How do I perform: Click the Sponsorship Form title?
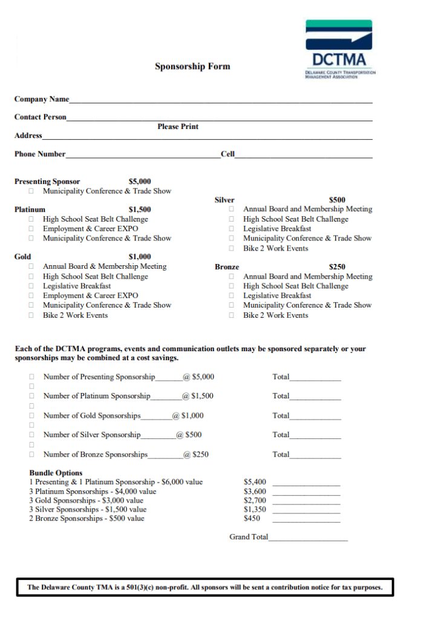(192, 67)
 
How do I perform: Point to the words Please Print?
(178, 127)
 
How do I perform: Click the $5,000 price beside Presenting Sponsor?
(140, 181)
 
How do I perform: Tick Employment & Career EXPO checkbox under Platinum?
(31, 229)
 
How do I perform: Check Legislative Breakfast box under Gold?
(31, 286)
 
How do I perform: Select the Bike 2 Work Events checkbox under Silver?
(231, 248)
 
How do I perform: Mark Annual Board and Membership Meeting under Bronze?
(231, 277)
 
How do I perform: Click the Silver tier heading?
(224, 200)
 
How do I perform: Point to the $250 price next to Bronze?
(337, 266)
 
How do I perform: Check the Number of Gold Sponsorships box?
(31, 416)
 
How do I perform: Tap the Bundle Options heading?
(56, 473)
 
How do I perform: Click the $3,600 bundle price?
(255, 492)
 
